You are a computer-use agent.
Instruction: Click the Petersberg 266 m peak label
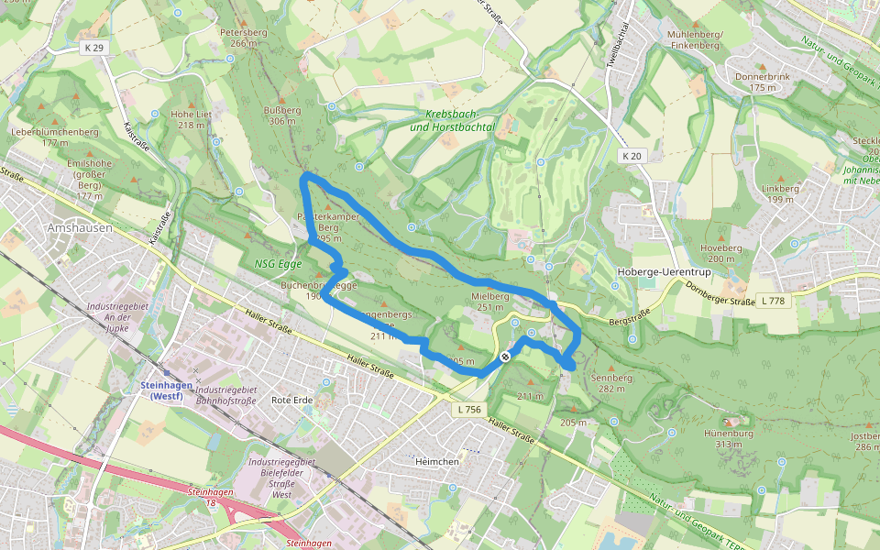coord(243,38)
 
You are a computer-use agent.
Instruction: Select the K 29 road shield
coord(92,47)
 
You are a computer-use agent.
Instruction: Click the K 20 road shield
coord(632,156)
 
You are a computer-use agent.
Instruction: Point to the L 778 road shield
coord(774,301)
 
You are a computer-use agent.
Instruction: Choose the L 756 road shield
coord(468,409)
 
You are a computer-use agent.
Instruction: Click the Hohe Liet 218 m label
coord(191,119)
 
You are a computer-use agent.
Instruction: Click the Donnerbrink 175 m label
coord(762,82)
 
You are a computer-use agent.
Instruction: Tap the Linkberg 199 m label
coord(780,193)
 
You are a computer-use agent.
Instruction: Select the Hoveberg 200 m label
coord(720,253)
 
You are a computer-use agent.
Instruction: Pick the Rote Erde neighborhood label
coord(293,401)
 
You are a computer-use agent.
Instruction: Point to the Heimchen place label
coord(436,461)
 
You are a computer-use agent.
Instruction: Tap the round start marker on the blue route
coord(504,356)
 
